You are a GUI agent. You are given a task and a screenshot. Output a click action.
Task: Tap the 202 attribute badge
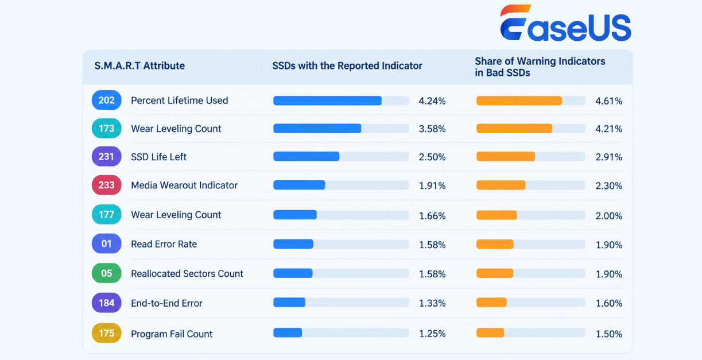pyautogui.click(x=107, y=100)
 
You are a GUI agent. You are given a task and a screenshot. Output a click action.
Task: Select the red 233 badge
pyautogui.click(x=107, y=185)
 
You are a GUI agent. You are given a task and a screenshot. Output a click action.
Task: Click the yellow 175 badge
pyautogui.click(x=107, y=333)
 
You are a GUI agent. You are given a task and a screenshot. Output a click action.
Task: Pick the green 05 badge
pyautogui.click(x=107, y=273)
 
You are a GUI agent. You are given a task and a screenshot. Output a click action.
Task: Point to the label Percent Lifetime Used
pyautogui.click(x=179, y=100)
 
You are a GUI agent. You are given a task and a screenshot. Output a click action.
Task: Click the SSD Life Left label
pyautogui.click(x=158, y=157)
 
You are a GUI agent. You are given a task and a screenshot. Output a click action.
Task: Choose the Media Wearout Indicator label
pyautogui.click(x=184, y=185)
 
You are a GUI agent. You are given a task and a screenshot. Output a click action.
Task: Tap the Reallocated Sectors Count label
pyautogui.click(x=187, y=273)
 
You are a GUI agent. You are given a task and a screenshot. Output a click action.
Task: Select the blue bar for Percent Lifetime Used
pyautogui.click(x=328, y=100)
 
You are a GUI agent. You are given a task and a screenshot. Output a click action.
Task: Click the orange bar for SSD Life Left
pyautogui.click(x=506, y=156)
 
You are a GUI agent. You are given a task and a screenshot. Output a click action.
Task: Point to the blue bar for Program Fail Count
pyautogui.click(x=288, y=332)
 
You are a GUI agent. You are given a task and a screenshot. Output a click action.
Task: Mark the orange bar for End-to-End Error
pyautogui.click(x=491, y=303)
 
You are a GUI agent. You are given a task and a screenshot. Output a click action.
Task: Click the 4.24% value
pyautogui.click(x=432, y=101)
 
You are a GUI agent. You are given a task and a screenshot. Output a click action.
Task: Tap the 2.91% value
pyautogui.click(x=609, y=157)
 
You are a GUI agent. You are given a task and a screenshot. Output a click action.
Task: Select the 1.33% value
pyautogui.click(x=432, y=303)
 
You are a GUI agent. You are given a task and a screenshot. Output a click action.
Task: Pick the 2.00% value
pyautogui.click(x=609, y=216)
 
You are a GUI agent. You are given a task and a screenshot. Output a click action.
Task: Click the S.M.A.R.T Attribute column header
pyautogui.click(x=139, y=66)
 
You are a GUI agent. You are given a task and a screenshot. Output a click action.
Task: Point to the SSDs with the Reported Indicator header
pyautogui.click(x=347, y=66)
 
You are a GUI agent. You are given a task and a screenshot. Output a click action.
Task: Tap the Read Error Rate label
pyautogui.click(x=164, y=244)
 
